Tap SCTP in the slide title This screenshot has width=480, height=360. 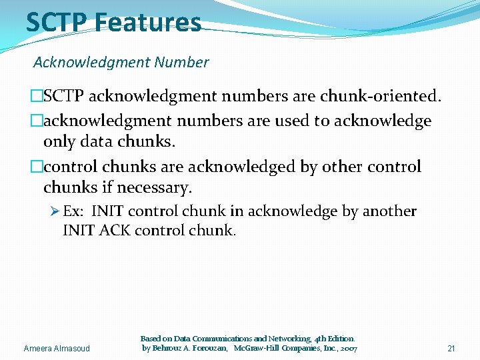[x=57, y=22]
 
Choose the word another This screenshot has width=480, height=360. [x=389, y=211]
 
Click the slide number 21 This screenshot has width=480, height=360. [x=451, y=349]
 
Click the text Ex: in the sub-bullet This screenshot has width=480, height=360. [x=73, y=211]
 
